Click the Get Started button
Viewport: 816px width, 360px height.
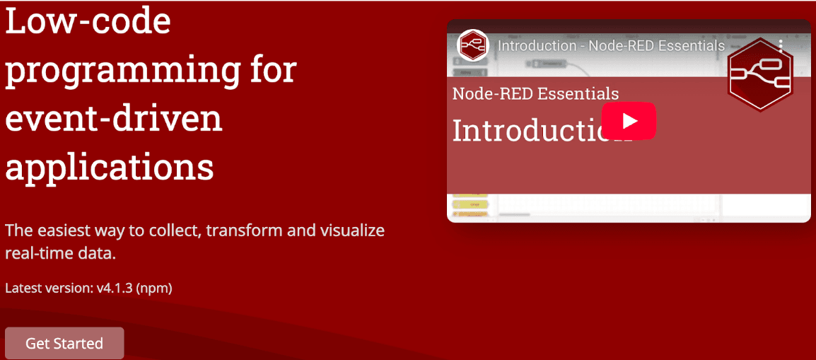(x=64, y=344)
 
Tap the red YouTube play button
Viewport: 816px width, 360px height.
(x=629, y=121)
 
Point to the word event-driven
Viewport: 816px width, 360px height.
(x=114, y=118)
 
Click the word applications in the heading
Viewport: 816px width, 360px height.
(x=110, y=167)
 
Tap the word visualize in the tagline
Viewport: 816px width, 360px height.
(x=349, y=231)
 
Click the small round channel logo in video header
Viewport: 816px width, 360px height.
(x=472, y=46)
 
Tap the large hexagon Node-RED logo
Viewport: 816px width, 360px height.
(x=759, y=73)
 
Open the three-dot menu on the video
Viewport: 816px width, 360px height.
(x=781, y=46)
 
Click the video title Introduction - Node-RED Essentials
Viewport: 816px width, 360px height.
(x=611, y=46)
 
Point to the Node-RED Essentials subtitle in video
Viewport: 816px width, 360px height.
(x=535, y=93)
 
